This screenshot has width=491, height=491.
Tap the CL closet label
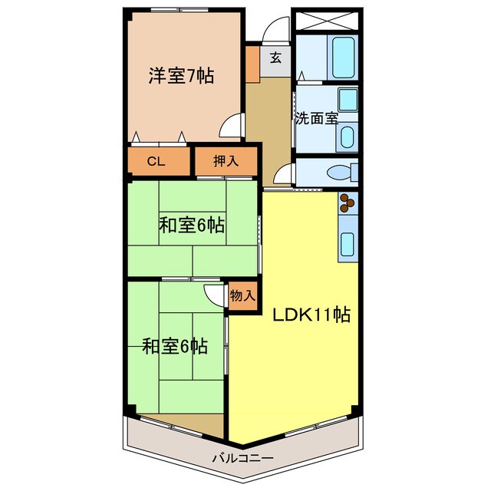point(156,161)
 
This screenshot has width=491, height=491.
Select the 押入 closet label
point(225,161)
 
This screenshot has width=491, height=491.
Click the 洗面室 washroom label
point(316,119)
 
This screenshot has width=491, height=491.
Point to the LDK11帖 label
point(308,315)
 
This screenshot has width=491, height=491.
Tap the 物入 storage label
point(243,295)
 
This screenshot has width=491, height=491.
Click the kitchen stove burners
point(348,203)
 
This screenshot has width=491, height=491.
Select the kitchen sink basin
point(347,244)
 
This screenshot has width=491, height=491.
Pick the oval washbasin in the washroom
point(346,138)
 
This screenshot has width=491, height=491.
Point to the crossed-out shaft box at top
point(325,21)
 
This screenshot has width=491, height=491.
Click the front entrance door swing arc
point(272,31)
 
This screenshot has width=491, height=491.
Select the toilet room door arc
point(284,174)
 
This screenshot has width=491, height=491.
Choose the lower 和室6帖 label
point(175,346)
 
